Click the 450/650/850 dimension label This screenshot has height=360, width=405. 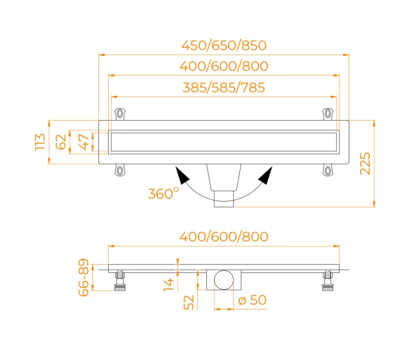224,45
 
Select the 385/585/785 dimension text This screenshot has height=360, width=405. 224,88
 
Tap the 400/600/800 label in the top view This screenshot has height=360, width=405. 224,66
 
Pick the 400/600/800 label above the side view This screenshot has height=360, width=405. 224,236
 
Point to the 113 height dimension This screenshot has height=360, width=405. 40,142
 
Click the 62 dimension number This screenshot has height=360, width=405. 61,142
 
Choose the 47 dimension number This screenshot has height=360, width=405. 84,142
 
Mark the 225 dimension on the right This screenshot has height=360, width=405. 365,164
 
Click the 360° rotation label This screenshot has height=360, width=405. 163,193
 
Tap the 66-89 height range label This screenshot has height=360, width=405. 83,277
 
